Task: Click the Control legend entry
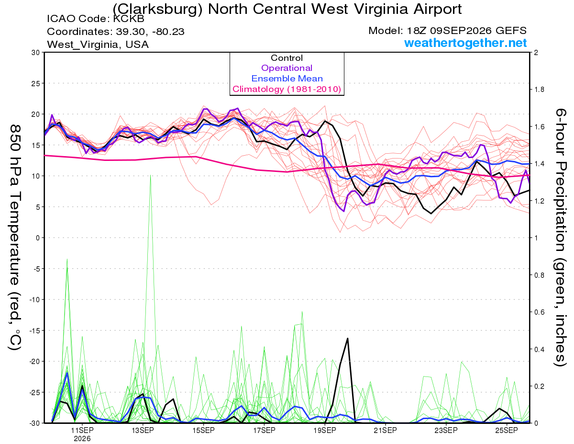point(287,58)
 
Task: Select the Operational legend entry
point(287,68)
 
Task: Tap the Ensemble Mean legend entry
point(287,79)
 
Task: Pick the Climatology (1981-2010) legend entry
point(287,89)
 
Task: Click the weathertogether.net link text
point(465,43)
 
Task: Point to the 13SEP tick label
point(143,430)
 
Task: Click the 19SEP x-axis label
point(325,430)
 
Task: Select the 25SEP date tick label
point(507,430)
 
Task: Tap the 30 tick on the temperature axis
point(35,53)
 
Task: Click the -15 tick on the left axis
point(34,330)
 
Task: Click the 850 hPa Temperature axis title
point(15,238)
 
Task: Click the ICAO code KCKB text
point(96,19)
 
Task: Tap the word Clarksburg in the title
point(157,10)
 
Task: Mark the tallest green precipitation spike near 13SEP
point(150,175)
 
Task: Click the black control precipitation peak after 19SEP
point(348,338)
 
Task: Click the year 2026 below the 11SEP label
point(82,439)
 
